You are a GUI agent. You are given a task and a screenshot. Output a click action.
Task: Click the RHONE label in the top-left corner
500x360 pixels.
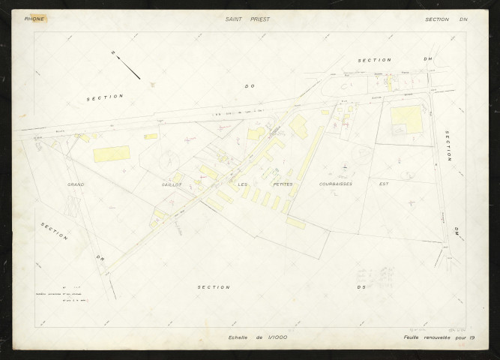click(34, 19)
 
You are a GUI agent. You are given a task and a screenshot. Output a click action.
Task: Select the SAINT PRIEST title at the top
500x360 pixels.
click(247, 19)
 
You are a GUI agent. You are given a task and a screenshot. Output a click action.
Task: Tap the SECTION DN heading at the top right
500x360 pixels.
click(446, 19)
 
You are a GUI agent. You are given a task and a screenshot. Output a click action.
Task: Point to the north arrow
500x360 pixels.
click(127, 65)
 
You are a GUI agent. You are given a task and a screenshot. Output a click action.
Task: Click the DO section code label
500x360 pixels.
click(250, 86)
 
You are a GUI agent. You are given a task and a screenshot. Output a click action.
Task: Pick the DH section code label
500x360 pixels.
click(428, 59)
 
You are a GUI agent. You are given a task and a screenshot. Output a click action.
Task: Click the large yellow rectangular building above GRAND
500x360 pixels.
click(111, 154)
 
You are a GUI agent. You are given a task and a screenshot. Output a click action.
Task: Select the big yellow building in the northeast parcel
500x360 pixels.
click(406, 118)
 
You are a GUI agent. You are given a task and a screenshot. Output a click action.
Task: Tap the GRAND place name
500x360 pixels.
click(76, 184)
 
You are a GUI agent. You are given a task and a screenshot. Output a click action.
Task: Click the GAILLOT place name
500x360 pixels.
click(171, 184)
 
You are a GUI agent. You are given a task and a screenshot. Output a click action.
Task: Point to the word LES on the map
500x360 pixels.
click(242, 184)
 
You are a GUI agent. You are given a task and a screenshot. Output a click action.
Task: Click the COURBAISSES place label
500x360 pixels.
click(335, 184)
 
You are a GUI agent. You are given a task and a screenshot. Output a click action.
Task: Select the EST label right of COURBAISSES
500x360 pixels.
click(383, 184)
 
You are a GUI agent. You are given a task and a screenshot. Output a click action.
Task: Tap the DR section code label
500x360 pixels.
click(98, 259)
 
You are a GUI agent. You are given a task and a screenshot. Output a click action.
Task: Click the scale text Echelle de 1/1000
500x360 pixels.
click(258, 338)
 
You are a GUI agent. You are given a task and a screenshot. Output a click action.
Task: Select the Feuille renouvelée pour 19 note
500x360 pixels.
click(439, 338)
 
